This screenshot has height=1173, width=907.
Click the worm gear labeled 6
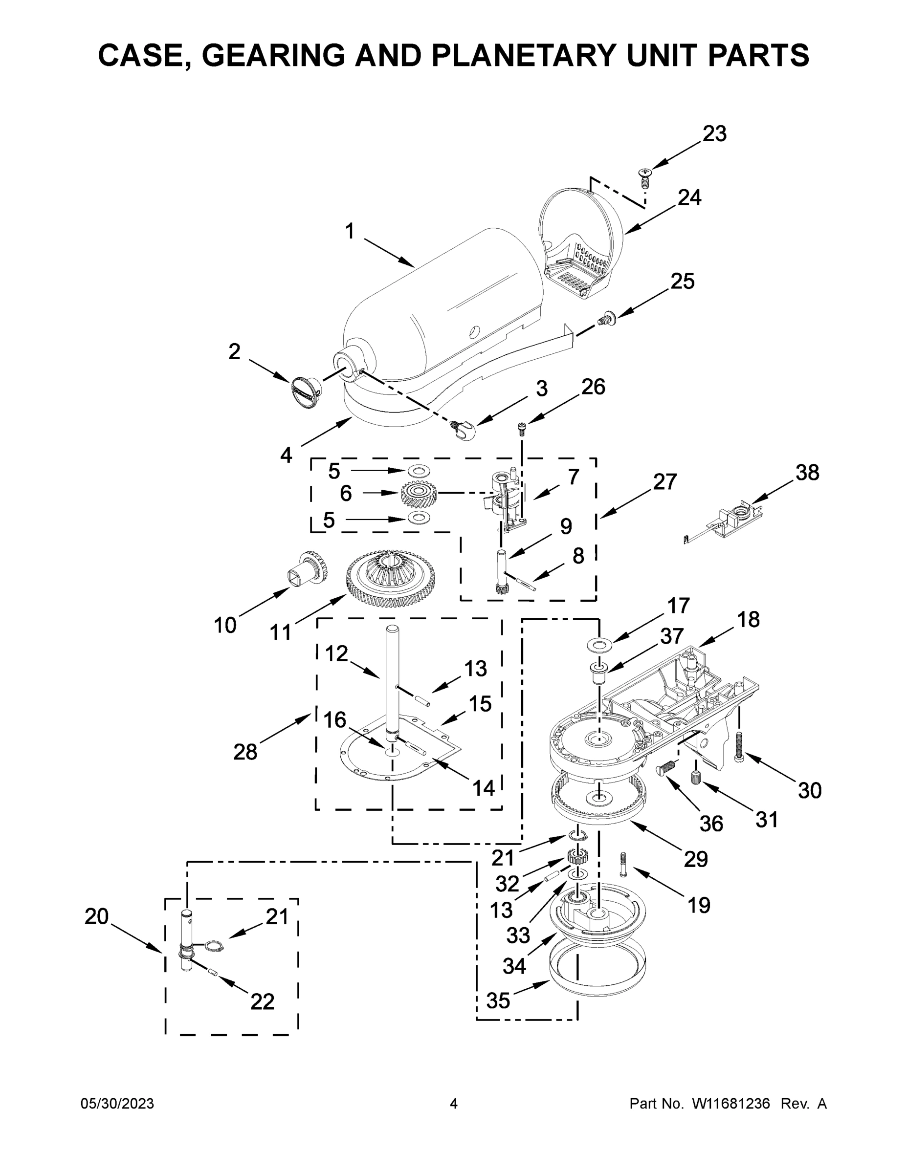[x=419, y=493]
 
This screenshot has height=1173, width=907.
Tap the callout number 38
[x=807, y=473]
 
